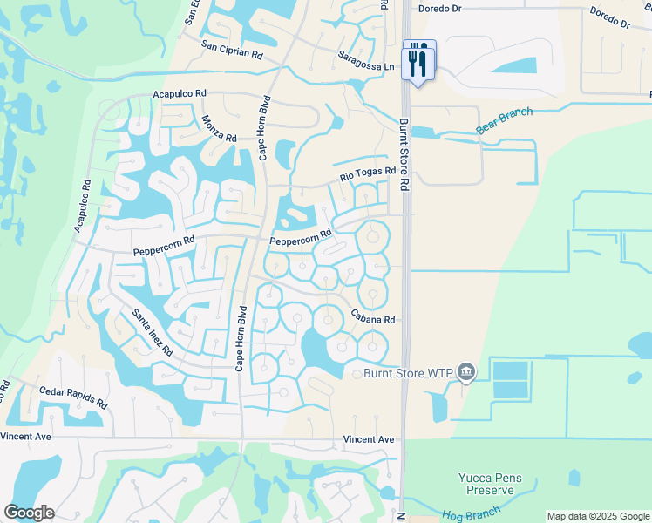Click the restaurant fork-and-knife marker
(x=419, y=60)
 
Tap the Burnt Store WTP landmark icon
(x=466, y=373)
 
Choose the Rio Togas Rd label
(x=368, y=178)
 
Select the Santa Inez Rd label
(x=153, y=332)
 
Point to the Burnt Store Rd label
(x=404, y=155)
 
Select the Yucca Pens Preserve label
(x=491, y=484)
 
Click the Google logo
(x=29, y=513)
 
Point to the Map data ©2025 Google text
(x=597, y=516)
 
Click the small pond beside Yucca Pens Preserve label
(x=574, y=478)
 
